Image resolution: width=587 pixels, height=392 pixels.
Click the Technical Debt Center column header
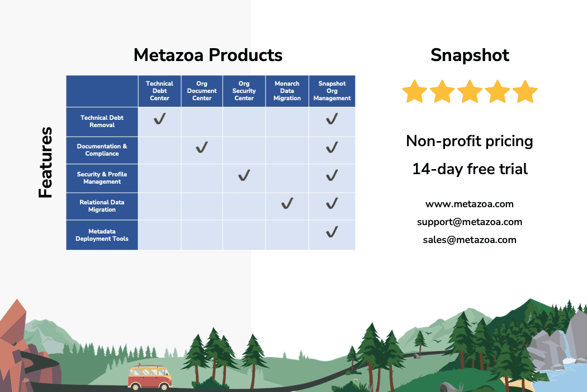click(x=159, y=91)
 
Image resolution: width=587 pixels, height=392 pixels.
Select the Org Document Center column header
click(x=202, y=91)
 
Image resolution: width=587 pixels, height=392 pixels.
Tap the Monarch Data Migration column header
click(x=287, y=91)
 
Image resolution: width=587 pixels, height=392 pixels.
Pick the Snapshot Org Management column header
click(x=332, y=91)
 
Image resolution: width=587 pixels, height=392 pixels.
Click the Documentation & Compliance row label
click(x=102, y=150)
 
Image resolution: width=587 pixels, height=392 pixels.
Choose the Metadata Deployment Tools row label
click(x=102, y=235)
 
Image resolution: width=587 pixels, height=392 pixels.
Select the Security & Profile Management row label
click(x=102, y=178)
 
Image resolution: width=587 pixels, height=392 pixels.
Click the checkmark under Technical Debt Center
click(x=159, y=119)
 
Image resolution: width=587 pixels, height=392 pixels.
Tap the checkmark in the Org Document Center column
click(x=202, y=147)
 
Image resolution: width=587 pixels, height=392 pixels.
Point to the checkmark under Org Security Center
click(x=244, y=175)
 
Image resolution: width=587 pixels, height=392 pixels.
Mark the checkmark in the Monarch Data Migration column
click(x=287, y=203)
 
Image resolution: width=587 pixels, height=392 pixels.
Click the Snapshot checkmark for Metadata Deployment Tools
click(x=332, y=232)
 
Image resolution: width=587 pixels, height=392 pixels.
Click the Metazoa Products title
click(x=208, y=55)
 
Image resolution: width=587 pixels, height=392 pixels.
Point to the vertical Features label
click(x=46, y=162)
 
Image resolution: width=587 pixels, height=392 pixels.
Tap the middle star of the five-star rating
click(x=470, y=91)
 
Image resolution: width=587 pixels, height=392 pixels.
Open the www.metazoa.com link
click(x=470, y=204)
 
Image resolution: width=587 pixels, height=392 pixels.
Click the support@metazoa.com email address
click(x=470, y=222)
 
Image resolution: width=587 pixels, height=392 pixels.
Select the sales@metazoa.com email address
click(x=470, y=240)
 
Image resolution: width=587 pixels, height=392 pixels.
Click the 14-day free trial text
click(x=470, y=169)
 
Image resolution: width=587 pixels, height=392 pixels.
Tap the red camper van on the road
click(x=149, y=377)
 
